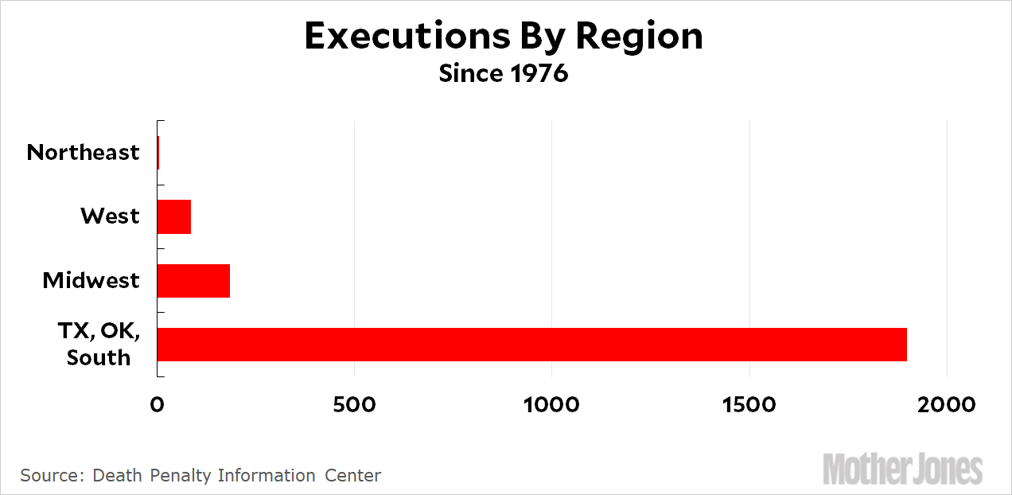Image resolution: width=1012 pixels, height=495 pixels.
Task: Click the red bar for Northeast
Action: click(x=158, y=153)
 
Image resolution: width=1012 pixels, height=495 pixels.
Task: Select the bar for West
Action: click(x=174, y=216)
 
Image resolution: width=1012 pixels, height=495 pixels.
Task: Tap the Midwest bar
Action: click(x=193, y=280)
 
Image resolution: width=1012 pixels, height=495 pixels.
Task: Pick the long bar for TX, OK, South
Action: click(x=531, y=344)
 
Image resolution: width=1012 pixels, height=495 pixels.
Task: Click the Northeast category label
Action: click(x=83, y=153)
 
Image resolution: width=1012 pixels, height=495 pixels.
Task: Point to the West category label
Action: click(x=110, y=216)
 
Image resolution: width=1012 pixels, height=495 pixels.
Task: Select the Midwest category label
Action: click(x=91, y=280)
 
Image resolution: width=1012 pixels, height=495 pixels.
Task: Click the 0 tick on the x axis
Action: click(x=158, y=404)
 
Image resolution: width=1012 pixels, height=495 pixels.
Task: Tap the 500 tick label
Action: click(x=355, y=404)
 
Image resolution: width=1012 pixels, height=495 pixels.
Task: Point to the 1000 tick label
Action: click(x=551, y=404)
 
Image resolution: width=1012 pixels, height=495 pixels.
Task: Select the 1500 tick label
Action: click(x=749, y=404)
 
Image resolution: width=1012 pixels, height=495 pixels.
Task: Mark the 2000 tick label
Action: click(x=947, y=404)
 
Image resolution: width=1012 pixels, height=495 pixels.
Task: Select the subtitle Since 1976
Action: click(x=504, y=74)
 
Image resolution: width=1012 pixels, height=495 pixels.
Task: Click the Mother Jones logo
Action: click(x=902, y=469)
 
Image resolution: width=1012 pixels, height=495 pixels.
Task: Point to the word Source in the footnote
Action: click(x=48, y=476)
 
